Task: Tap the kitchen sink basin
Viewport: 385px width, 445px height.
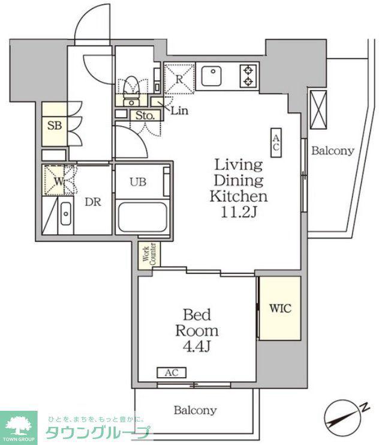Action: click(x=211, y=76)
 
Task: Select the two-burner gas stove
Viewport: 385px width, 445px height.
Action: click(x=248, y=76)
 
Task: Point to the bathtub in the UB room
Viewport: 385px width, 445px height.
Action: click(x=143, y=217)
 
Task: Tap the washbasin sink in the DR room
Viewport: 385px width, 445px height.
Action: click(x=66, y=213)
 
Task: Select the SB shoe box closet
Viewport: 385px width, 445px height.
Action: click(x=55, y=124)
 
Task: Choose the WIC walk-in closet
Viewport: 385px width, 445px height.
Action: click(x=280, y=308)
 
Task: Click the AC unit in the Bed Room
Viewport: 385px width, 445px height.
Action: click(x=172, y=372)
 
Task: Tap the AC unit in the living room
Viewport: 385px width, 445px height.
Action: click(x=276, y=143)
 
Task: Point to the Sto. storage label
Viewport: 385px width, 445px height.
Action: click(x=145, y=115)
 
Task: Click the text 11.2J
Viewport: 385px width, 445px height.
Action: click(x=239, y=212)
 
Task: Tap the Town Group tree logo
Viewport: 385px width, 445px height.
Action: click(x=19, y=426)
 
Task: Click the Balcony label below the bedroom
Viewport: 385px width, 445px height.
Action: click(x=195, y=410)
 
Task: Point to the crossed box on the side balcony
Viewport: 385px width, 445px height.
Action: click(x=318, y=110)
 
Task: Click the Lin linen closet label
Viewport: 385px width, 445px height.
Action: click(x=179, y=110)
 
